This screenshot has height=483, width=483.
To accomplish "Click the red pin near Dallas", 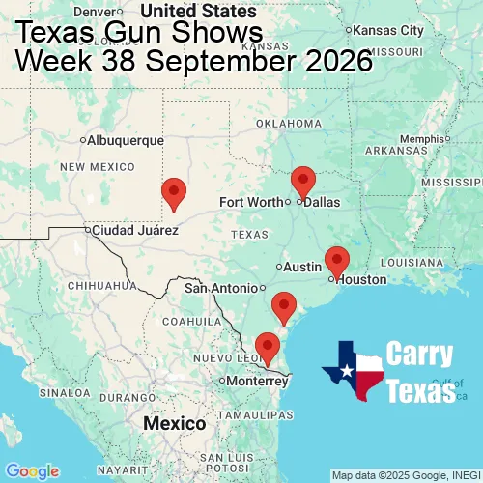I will click(303, 182).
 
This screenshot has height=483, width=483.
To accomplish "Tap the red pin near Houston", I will click(336, 261).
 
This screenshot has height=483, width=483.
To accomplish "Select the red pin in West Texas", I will click(174, 193).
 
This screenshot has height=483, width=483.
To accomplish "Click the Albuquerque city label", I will click(125, 140).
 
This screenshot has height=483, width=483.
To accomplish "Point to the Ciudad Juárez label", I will click(134, 231).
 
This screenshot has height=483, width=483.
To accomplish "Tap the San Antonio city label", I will click(221, 288).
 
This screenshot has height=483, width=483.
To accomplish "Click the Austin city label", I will click(300, 267).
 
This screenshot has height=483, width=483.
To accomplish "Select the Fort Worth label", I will click(252, 202).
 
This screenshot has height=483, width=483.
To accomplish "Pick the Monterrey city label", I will click(256, 381).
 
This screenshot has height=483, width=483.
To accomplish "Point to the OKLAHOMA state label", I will click(288, 124).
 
